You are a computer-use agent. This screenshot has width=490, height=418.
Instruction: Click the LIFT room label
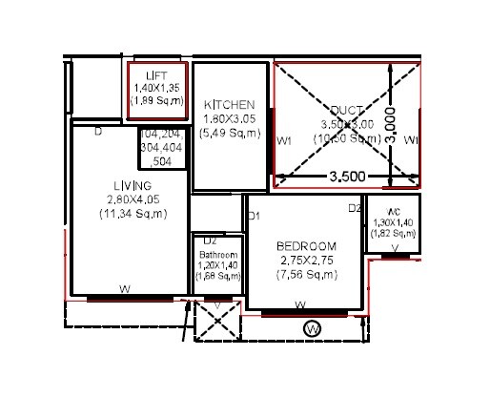157,74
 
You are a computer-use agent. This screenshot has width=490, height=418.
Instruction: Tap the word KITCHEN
229,105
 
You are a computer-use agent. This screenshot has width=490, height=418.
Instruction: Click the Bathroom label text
216,256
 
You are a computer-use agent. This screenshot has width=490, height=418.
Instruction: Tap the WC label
392,212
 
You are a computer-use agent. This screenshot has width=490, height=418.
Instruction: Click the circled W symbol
311,329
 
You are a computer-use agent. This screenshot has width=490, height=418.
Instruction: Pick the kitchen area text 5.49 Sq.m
229,135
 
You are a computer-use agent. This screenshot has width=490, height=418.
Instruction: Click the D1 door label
255,217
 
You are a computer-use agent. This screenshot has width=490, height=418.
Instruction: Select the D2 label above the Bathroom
210,241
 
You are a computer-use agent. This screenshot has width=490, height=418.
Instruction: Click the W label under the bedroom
300,305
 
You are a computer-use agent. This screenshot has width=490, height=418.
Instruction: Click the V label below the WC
395,247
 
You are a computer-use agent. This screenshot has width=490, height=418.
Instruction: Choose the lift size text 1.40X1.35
157,86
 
